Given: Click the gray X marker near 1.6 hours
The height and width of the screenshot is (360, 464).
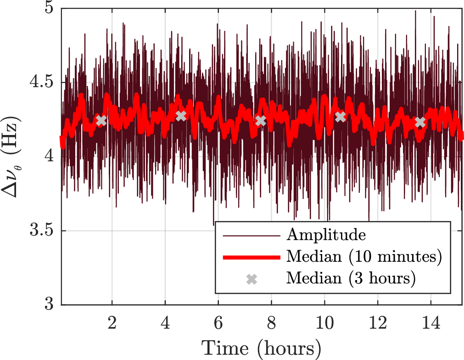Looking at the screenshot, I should click(x=101, y=121).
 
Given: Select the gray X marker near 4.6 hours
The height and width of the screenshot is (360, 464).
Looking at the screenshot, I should click(x=181, y=116).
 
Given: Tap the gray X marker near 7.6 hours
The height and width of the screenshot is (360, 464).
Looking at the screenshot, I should click(x=261, y=121).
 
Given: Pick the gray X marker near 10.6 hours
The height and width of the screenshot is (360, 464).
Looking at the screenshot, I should click(x=340, y=117).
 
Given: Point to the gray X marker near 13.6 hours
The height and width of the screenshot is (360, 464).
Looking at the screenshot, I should click(x=420, y=122).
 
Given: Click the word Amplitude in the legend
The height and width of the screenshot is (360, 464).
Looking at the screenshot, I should click(x=326, y=236).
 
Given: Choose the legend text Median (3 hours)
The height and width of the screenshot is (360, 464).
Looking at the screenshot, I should click(x=351, y=278).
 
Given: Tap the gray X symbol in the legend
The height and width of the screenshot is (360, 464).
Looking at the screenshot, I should click(x=251, y=279).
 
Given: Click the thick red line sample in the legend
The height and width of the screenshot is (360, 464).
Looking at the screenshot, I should click(x=251, y=258).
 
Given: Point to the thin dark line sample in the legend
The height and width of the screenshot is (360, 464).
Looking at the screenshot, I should click(x=251, y=236).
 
